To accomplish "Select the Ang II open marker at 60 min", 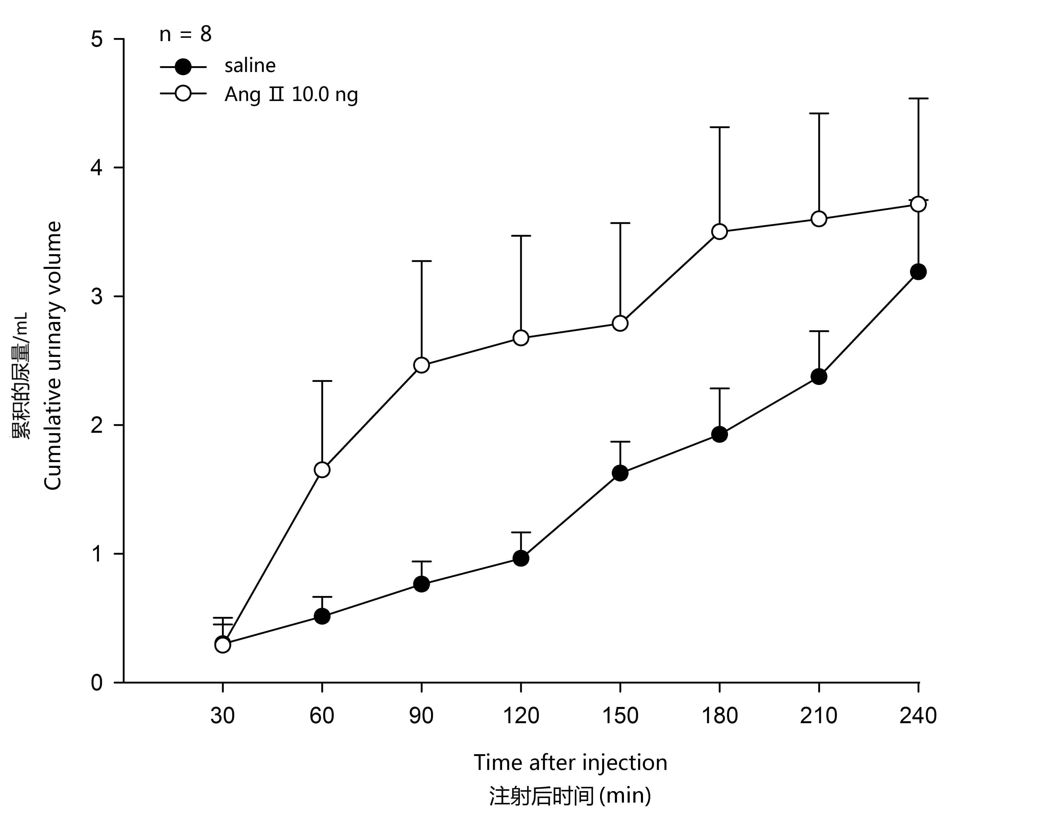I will pyautogui.click(x=322, y=470).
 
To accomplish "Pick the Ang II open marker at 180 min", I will pyautogui.click(x=719, y=232).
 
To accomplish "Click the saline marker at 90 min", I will pyautogui.click(x=421, y=584).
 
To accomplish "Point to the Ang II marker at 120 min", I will pyautogui.click(x=521, y=338).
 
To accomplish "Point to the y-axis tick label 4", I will pyautogui.click(x=97, y=168).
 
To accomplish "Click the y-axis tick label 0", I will pyautogui.click(x=97, y=682).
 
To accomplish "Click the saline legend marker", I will pyautogui.click(x=183, y=67).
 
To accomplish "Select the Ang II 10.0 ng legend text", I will pyautogui.click(x=291, y=95).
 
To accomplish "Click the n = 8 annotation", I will pyautogui.click(x=185, y=34).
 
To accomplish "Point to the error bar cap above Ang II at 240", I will pyautogui.click(x=918, y=98).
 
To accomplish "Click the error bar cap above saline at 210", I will pyautogui.click(x=819, y=331).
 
